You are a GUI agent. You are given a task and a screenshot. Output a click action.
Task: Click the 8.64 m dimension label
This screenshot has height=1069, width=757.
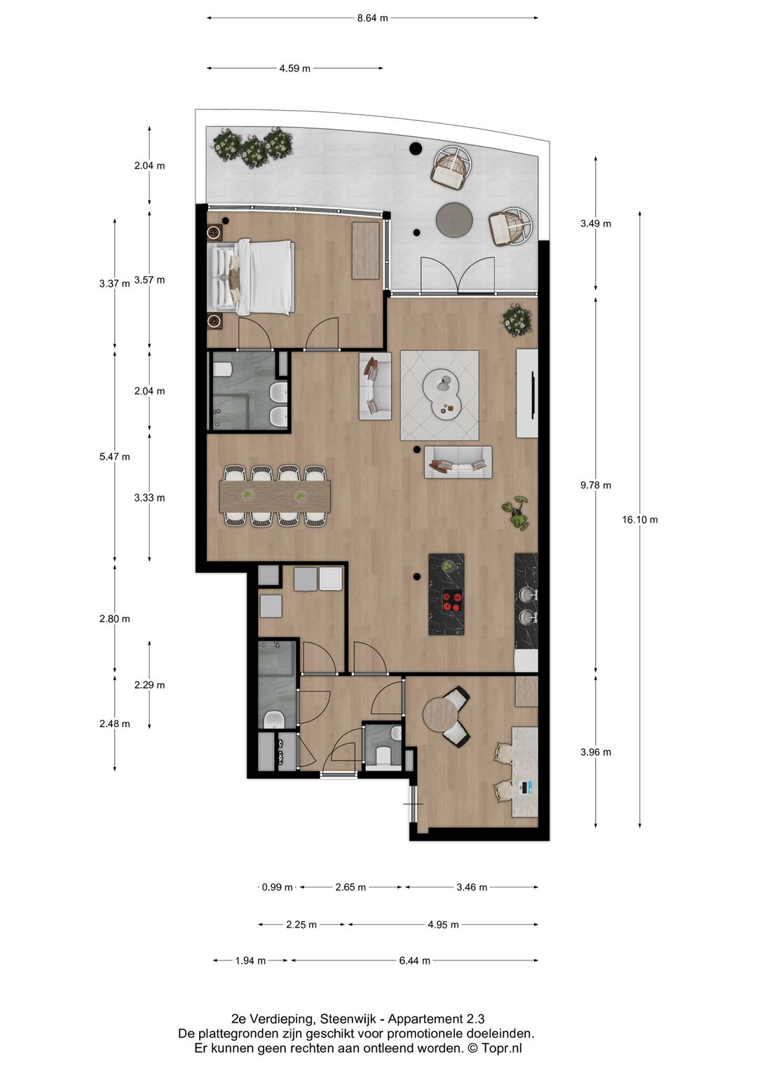pyautogui.click(x=372, y=18)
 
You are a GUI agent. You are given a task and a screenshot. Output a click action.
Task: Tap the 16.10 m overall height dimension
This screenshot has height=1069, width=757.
pyautogui.click(x=639, y=520)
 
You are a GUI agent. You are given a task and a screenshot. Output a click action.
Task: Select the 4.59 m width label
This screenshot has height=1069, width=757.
pyautogui.click(x=294, y=69)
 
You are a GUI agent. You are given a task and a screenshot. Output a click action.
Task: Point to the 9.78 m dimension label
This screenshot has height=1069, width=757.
pyautogui.click(x=595, y=485)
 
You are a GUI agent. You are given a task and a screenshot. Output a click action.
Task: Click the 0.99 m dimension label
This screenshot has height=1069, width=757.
pyautogui.click(x=277, y=887)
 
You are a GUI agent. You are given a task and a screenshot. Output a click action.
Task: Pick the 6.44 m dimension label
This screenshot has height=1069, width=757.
pyautogui.click(x=414, y=960)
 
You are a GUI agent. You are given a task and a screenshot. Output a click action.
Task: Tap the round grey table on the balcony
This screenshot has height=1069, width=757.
pyautogui.click(x=454, y=220)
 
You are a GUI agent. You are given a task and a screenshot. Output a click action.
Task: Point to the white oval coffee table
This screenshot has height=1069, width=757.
pyautogui.click(x=442, y=392)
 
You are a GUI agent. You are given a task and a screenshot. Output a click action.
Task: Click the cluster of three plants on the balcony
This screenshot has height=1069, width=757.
pyautogui.click(x=253, y=146)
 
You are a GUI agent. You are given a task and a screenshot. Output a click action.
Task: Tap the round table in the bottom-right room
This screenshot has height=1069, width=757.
pyautogui.click(x=439, y=715)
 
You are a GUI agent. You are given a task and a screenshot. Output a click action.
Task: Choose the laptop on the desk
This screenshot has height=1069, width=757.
pyautogui.click(x=525, y=788)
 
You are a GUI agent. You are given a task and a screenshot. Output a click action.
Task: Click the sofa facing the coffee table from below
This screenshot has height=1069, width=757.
pyautogui.click(x=458, y=462)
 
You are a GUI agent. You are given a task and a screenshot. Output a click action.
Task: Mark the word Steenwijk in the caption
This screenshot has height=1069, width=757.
pyautogui.click(x=348, y=1019)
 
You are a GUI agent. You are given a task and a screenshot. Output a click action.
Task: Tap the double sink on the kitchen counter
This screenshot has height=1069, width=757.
pyautogui.click(x=526, y=606)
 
